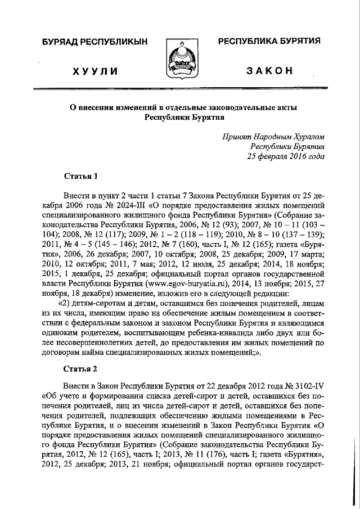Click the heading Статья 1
click(x=81, y=175)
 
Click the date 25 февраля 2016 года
click(x=286, y=156)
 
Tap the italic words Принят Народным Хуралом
click(x=273, y=136)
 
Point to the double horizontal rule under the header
click(x=180, y=89)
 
